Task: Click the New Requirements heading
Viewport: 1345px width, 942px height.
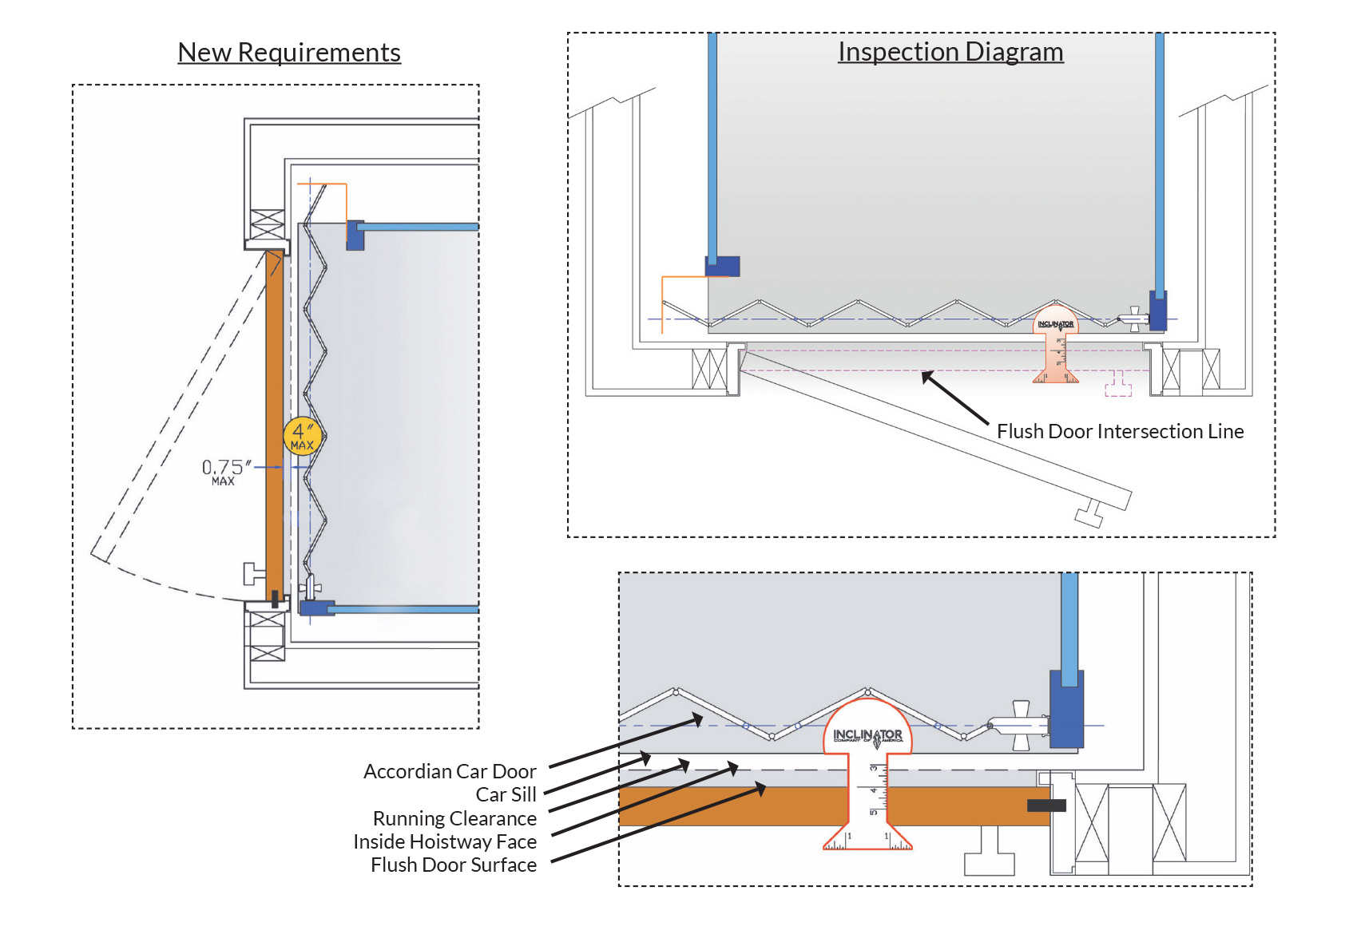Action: click(289, 53)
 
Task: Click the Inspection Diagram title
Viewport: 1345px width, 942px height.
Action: click(950, 52)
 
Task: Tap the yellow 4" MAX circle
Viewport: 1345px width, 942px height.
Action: click(303, 437)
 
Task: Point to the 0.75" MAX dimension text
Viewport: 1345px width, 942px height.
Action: click(225, 471)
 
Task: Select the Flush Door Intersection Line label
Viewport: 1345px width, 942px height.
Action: click(1120, 432)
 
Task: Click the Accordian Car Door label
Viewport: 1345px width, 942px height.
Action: click(450, 772)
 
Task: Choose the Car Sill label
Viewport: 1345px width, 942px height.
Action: click(506, 795)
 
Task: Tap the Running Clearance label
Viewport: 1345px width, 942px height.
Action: click(454, 819)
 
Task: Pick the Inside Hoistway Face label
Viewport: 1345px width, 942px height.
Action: click(445, 842)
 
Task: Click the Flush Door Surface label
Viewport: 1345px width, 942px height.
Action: click(453, 865)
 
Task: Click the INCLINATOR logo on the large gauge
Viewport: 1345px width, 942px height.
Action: click(867, 735)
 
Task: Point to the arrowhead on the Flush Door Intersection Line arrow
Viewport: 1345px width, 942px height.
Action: click(926, 376)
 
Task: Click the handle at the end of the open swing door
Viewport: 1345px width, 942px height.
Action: click(1090, 514)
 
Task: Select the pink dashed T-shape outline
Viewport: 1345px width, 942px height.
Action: click(1118, 386)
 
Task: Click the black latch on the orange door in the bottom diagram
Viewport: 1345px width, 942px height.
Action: click(1046, 805)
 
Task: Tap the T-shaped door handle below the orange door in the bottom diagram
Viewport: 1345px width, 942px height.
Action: click(989, 854)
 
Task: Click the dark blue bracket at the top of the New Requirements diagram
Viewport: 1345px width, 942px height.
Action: click(355, 235)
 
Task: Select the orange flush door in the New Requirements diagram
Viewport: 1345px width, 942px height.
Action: click(274, 423)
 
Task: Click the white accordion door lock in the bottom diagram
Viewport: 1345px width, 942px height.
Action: click(1018, 725)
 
